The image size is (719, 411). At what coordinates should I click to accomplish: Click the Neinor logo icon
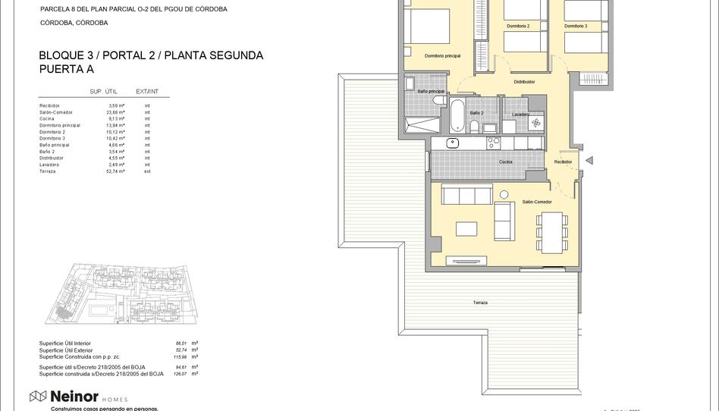click(38, 396)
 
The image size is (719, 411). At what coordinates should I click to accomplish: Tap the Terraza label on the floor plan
click(480, 303)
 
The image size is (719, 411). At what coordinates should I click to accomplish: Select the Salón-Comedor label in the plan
click(537, 202)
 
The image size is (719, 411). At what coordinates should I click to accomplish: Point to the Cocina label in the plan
click(505, 162)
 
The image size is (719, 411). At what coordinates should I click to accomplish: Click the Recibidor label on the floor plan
click(563, 162)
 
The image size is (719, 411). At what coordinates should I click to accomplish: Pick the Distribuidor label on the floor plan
click(524, 82)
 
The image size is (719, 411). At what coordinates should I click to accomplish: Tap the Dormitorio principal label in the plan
click(442, 55)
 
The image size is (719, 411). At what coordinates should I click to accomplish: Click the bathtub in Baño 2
click(457, 115)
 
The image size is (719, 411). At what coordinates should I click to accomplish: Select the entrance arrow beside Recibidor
click(589, 161)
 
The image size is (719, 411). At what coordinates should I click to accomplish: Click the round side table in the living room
click(504, 195)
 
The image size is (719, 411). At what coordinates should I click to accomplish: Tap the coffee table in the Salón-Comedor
click(466, 228)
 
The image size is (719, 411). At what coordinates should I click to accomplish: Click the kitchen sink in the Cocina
click(454, 142)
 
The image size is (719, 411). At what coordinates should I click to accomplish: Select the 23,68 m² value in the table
click(116, 112)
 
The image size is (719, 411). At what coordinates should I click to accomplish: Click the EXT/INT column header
click(147, 92)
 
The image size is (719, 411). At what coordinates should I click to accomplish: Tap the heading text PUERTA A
click(66, 69)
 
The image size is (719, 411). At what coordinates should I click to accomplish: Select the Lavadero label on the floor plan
click(520, 115)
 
